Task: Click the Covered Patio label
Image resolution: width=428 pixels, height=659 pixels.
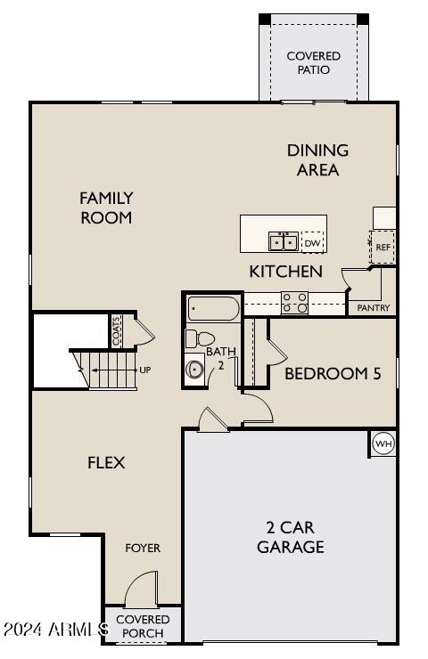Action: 313,62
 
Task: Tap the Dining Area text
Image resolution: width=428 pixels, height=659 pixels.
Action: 317,160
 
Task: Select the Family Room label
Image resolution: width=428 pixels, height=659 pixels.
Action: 106,207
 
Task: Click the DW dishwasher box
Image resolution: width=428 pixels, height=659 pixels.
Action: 312,241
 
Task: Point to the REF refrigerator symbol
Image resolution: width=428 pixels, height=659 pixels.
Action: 383,247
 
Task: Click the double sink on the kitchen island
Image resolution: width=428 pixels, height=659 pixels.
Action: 284,241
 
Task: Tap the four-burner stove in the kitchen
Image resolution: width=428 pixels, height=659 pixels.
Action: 295,303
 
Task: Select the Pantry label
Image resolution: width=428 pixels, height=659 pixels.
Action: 373,308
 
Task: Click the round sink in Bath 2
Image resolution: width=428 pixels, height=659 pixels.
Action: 195,369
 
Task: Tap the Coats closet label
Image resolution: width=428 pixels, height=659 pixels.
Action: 116,331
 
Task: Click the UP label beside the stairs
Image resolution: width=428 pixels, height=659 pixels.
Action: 143,369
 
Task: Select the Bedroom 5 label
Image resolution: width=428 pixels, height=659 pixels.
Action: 333,374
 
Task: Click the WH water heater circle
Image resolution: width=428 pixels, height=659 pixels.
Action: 383,443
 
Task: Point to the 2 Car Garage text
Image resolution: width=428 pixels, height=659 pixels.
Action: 290,537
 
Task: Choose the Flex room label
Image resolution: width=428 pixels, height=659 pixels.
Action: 106,462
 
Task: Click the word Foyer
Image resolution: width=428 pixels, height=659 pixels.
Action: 143,548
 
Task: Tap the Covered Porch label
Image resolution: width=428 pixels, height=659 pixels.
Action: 143,626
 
